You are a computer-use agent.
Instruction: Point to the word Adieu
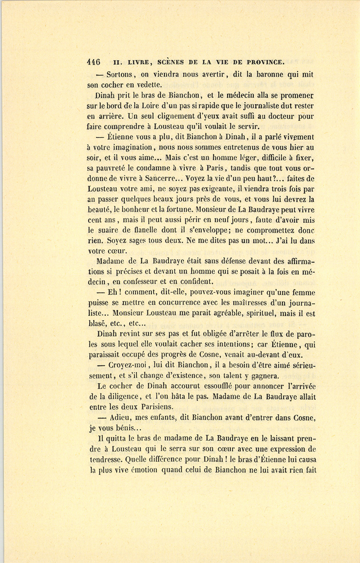pos(120,418)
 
